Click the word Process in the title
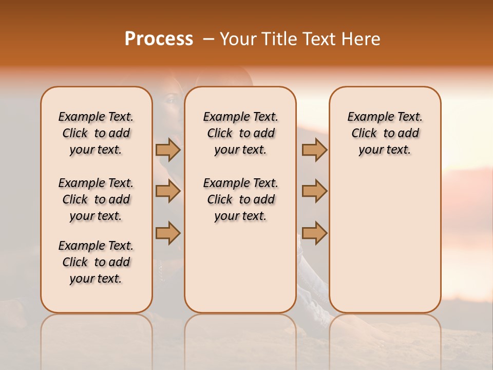pos(159,39)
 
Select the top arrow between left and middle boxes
pos(168,150)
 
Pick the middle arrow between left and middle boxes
pos(168,191)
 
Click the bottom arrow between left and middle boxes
pos(168,233)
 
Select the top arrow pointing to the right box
pos(314,150)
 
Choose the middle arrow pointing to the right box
pos(314,191)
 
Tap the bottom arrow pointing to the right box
pos(314,233)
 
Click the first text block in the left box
pos(96,133)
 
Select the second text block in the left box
pos(96,199)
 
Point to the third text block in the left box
pos(96,262)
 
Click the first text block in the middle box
pos(240,133)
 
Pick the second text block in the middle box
pos(240,199)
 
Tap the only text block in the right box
pos(385,133)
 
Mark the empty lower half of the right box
pos(385,247)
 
